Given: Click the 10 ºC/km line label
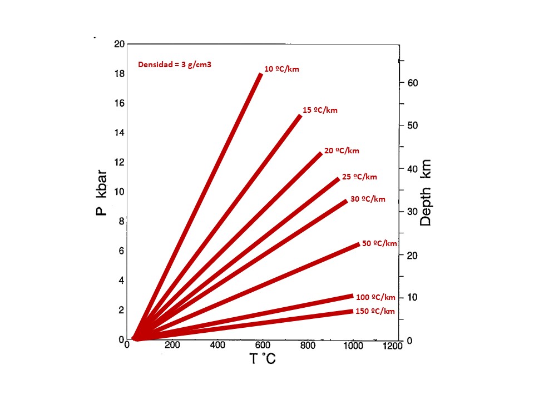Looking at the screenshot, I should coord(281,69).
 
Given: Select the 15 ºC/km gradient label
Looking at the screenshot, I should coord(320,110).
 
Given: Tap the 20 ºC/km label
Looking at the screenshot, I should coord(342,151).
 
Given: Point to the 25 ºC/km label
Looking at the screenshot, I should coord(359,177).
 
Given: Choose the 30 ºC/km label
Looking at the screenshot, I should coord(367,199).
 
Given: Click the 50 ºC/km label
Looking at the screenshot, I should coord(379,243).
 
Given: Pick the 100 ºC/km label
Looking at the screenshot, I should coord(375,297).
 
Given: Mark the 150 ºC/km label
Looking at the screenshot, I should coord(375,311).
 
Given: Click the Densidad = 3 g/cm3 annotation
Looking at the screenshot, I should coord(175,64).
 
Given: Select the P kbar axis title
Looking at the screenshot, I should coord(103,192).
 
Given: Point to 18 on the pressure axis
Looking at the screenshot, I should coord(118,74).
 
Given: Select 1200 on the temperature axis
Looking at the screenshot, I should coord(393,346).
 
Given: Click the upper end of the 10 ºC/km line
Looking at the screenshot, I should coord(260,74).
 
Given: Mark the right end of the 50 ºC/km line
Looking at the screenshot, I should coord(358,244).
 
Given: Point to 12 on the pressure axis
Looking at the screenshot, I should coord(118,162).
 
